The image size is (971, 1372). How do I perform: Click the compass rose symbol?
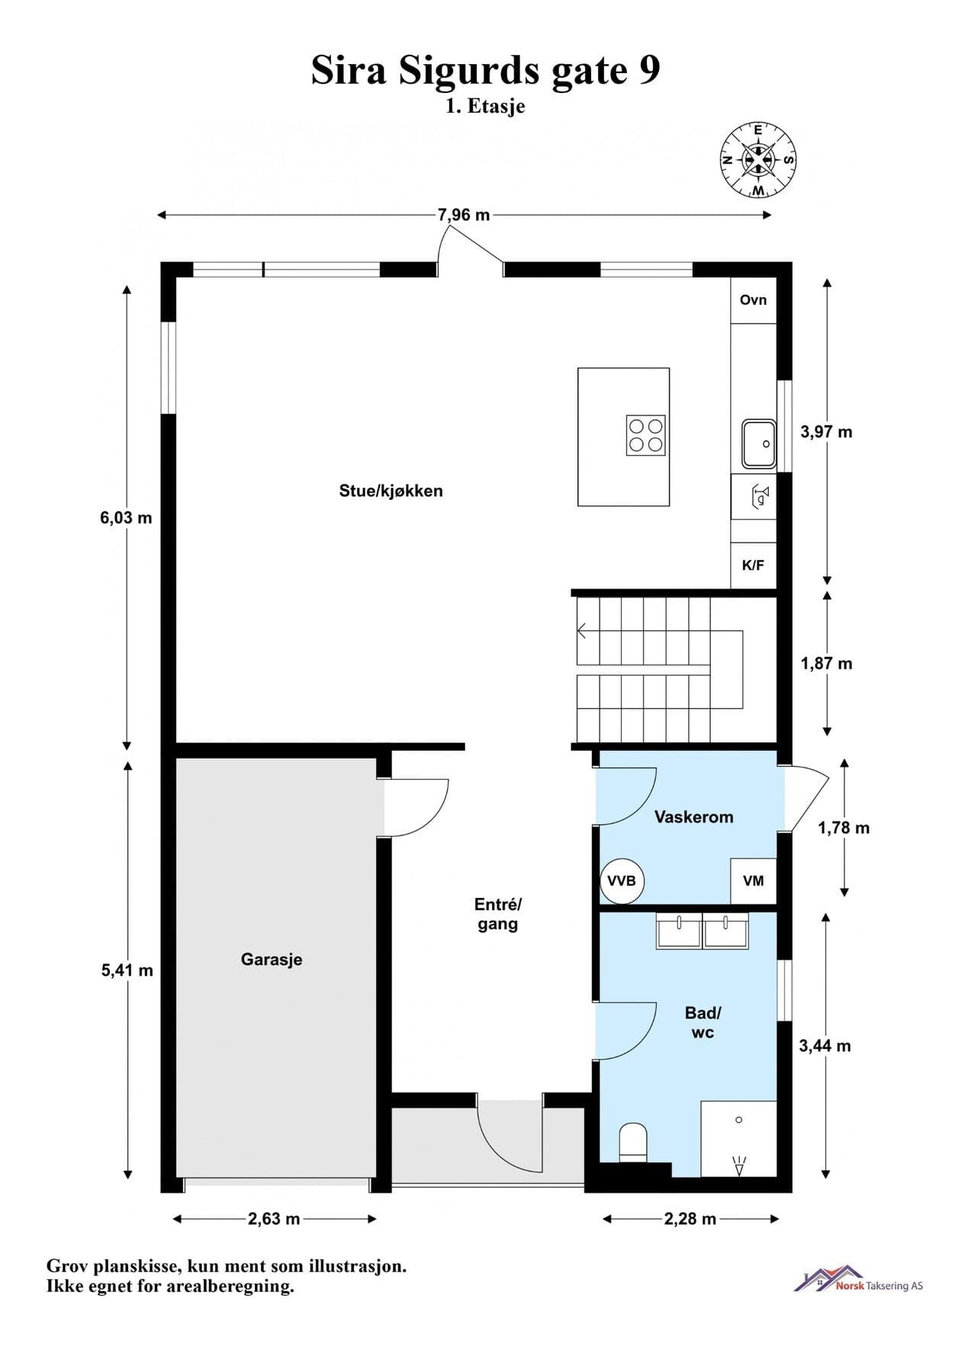point(758,160)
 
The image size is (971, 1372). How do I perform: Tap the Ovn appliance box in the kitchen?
point(753,300)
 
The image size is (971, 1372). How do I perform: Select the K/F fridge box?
point(753,566)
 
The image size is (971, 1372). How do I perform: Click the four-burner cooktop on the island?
point(645,435)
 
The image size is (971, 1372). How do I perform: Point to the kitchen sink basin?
point(759,444)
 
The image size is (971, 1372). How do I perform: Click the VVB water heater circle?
point(622,881)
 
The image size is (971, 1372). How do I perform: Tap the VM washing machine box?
point(754,881)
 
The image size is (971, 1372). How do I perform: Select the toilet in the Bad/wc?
point(633,1142)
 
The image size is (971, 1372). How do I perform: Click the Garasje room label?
point(272,960)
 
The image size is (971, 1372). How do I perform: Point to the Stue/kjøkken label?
point(391,491)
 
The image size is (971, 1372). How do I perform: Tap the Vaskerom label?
point(693,817)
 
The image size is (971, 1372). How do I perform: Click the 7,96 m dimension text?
point(464,215)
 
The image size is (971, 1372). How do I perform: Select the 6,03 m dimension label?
point(126,518)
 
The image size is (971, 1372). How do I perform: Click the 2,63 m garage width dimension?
point(274,1219)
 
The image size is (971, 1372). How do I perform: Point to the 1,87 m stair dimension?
point(826,664)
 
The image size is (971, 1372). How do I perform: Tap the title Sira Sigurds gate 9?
point(485,71)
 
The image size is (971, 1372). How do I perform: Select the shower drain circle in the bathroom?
point(738,1120)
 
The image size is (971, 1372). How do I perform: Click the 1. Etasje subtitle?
point(485,106)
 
